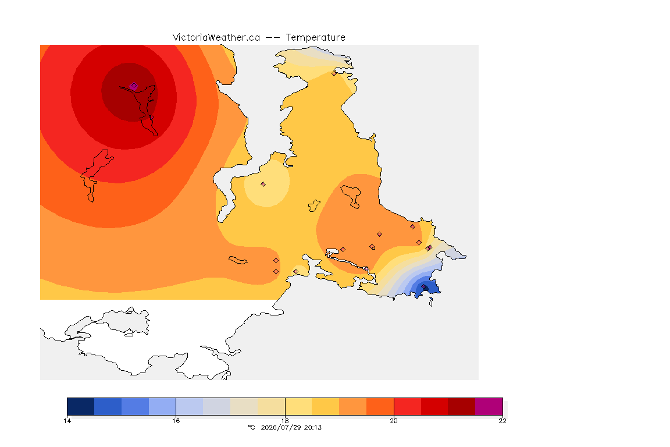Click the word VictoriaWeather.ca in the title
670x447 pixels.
pyautogui.click(x=216, y=38)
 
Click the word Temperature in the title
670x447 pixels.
pyautogui.click(x=315, y=38)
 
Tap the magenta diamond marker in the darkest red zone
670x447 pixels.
pyautogui.click(x=134, y=86)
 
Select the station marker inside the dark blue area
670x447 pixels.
pyautogui.click(x=424, y=287)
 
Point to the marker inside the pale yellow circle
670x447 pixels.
pyautogui.click(x=263, y=185)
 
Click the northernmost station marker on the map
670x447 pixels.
pyautogui.click(x=334, y=73)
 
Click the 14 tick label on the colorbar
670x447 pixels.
pyautogui.click(x=67, y=421)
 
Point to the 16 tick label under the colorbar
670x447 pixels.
pyautogui.click(x=176, y=421)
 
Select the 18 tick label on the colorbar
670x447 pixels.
pyautogui.click(x=285, y=421)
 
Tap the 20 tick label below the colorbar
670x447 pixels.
pyautogui.click(x=394, y=421)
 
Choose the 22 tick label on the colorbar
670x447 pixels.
pyautogui.click(x=502, y=421)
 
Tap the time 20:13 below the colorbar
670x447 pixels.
pyautogui.click(x=313, y=427)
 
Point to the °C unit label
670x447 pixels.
pyautogui.click(x=251, y=427)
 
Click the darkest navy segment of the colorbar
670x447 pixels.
pyautogui.click(x=81, y=406)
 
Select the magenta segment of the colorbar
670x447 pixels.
pyautogui.click(x=489, y=406)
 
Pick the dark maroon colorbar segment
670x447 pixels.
pyautogui.click(x=461, y=406)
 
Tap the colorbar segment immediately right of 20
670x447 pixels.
pyautogui.click(x=407, y=406)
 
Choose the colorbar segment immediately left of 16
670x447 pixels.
pyautogui.click(x=162, y=406)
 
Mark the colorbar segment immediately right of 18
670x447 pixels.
pyautogui.click(x=299, y=406)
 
